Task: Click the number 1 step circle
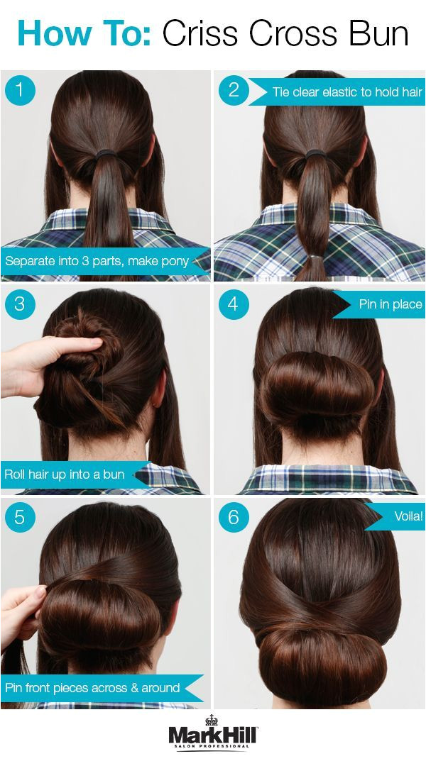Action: coord(20,90)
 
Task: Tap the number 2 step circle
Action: coord(234,90)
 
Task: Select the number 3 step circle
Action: coord(20,304)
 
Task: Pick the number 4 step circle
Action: coord(234,304)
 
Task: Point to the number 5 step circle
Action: coord(20,517)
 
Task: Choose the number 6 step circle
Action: coord(234,517)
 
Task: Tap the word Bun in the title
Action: coord(374,33)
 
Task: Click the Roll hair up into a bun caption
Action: coord(65,474)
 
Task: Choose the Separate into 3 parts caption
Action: coord(97,261)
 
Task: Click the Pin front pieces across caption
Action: coord(92,688)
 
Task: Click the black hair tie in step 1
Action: coord(106,155)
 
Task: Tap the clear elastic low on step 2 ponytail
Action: coord(316,256)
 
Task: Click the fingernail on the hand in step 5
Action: coord(40,591)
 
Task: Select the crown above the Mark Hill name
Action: coord(212,720)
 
